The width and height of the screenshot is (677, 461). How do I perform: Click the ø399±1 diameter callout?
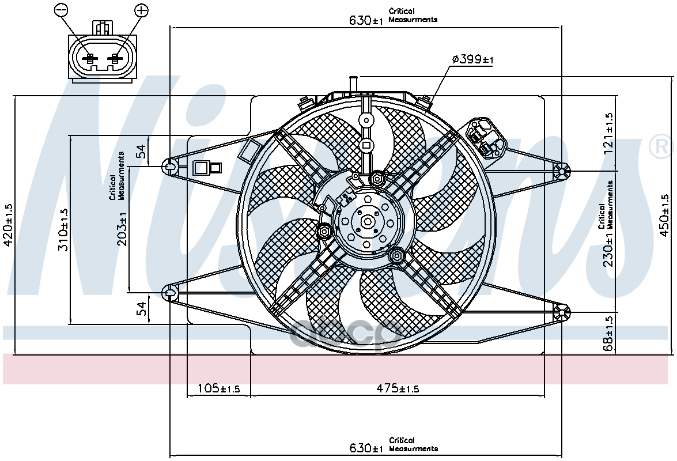[x=472, y=59]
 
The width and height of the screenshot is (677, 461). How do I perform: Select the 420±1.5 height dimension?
[x=9, y=225]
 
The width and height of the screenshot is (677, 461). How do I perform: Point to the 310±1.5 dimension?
[x=63, y=230]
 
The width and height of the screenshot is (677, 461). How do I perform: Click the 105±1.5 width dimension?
[x=218, y=388]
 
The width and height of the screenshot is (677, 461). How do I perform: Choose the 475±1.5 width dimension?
[x=398, y=388]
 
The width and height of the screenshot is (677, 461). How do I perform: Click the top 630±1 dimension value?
[x=366, y=20]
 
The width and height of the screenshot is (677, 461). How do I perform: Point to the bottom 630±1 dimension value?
[x=366, y=448]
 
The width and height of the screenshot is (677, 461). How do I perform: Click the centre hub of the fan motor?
[x=368, y=222]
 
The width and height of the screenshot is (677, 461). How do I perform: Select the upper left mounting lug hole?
[x=169, y=165]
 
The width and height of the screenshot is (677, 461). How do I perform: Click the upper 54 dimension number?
[x=142, y=151]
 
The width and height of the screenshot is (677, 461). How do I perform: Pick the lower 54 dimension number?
[x=142, y=308]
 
